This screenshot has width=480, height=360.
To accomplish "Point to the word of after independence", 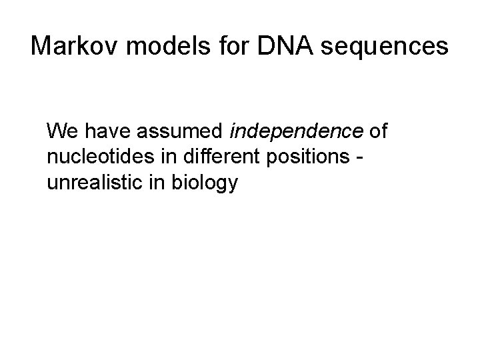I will click(377, 130).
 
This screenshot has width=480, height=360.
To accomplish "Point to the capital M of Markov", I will click(43, 46).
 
